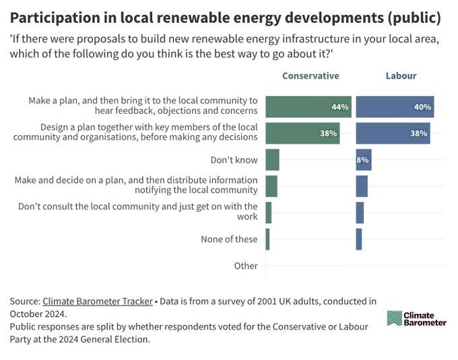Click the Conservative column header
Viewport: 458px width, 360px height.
point(310,76)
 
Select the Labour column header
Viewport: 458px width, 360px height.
point(401,76)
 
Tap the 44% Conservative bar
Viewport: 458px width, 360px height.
point(308,107)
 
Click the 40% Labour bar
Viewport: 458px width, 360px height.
point(395,107)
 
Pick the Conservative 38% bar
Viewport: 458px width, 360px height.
point(302,133)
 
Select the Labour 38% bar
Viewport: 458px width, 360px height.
point(393,133)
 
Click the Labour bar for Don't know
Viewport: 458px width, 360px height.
point(363,159)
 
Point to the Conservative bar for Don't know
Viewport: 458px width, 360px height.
point(272,159)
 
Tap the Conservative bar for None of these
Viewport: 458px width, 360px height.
point(267,239)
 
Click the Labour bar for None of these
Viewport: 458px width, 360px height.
point(359,239)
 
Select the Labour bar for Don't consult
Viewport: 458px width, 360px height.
point(360,213)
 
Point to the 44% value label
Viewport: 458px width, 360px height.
point(339,107)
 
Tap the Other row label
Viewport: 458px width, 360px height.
point(246,266)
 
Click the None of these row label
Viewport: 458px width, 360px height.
point(229,239)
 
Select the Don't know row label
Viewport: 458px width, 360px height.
point(234,159)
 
